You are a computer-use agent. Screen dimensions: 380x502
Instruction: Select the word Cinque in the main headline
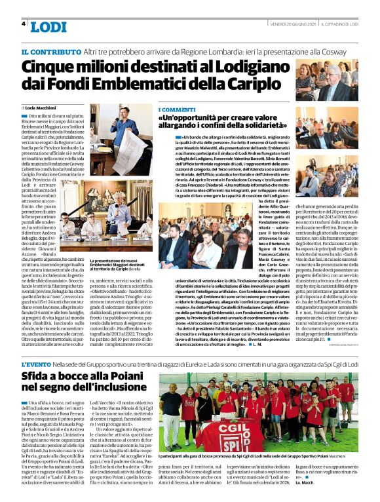50,68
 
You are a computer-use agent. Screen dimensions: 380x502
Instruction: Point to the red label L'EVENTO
37,364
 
